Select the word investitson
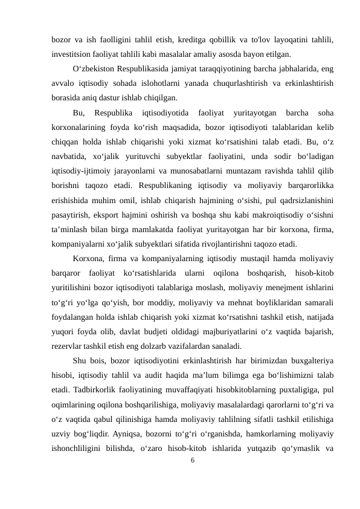(71, 54)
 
